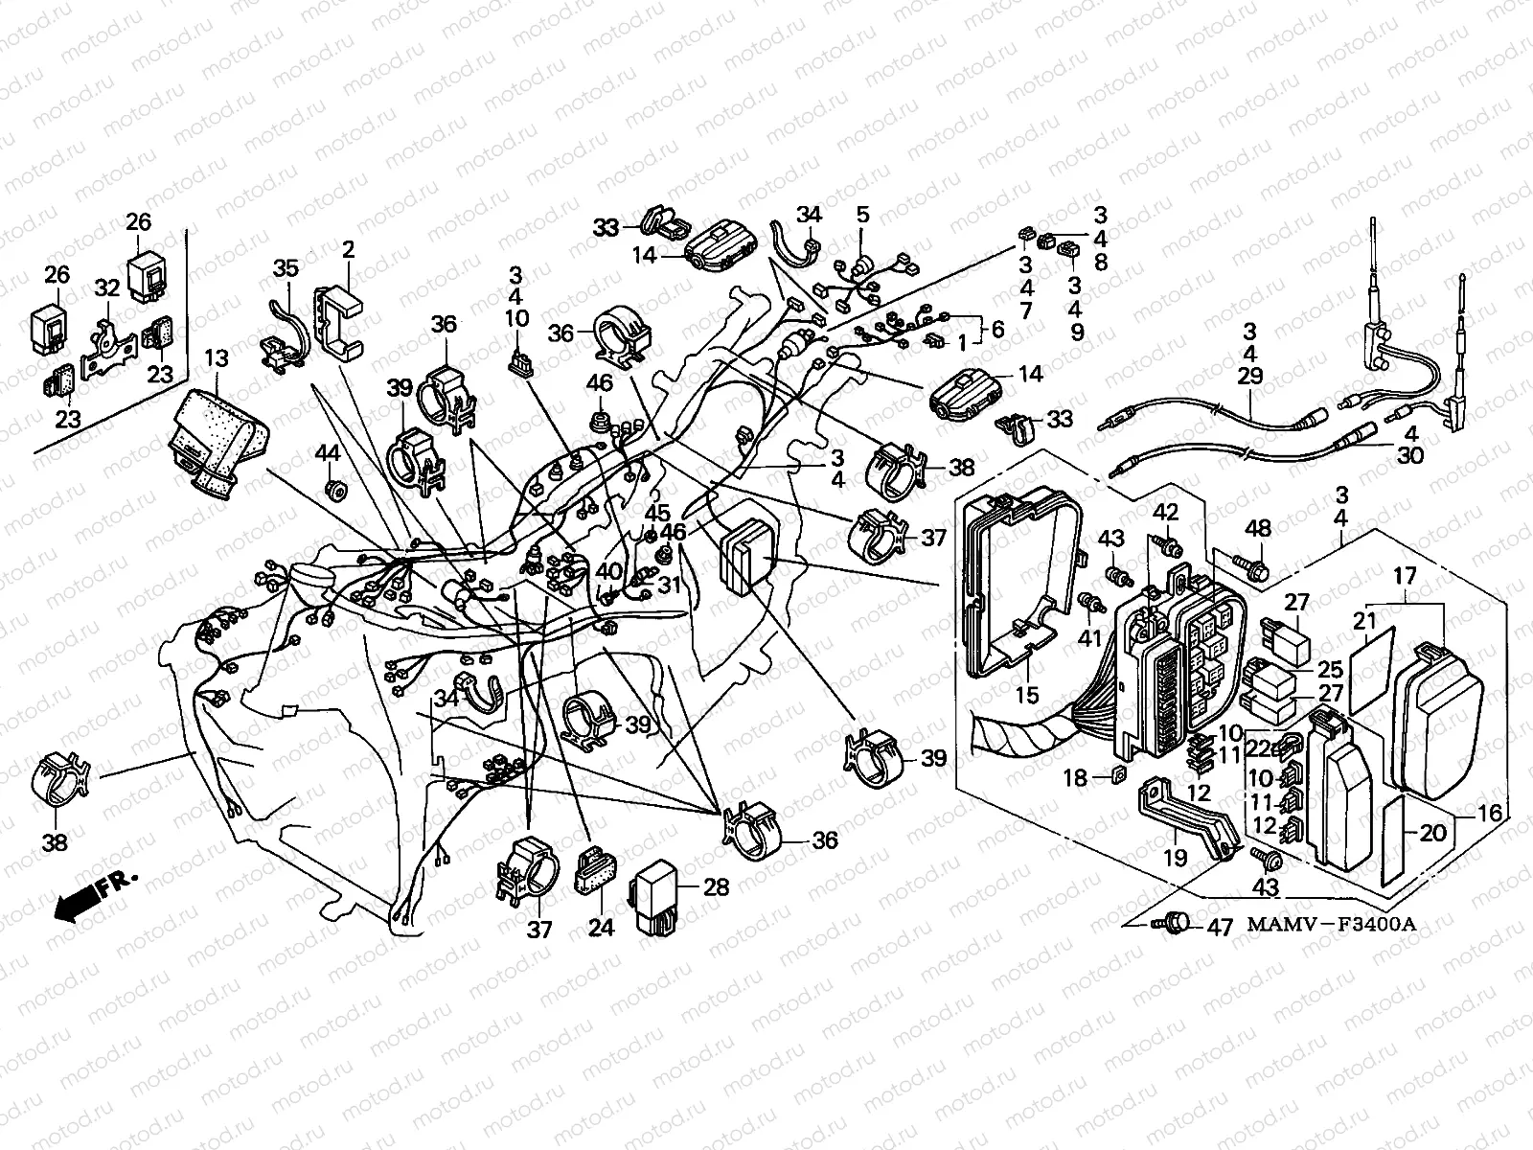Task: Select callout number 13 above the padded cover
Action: coord(217,359)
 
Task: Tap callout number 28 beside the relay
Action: coord(716,886)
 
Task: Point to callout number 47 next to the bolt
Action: coord(1219,928)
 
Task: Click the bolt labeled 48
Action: coord(1246,568)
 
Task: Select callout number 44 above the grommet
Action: coord(328,451)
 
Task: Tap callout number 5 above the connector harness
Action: coord(862,215)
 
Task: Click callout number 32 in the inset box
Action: coord(106,287)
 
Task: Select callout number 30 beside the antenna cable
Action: coord(1409,456)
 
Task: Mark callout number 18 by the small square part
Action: coord(1076,778)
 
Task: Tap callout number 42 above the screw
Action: coord(1165,512)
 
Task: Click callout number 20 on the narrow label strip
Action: coord(1432,833)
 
